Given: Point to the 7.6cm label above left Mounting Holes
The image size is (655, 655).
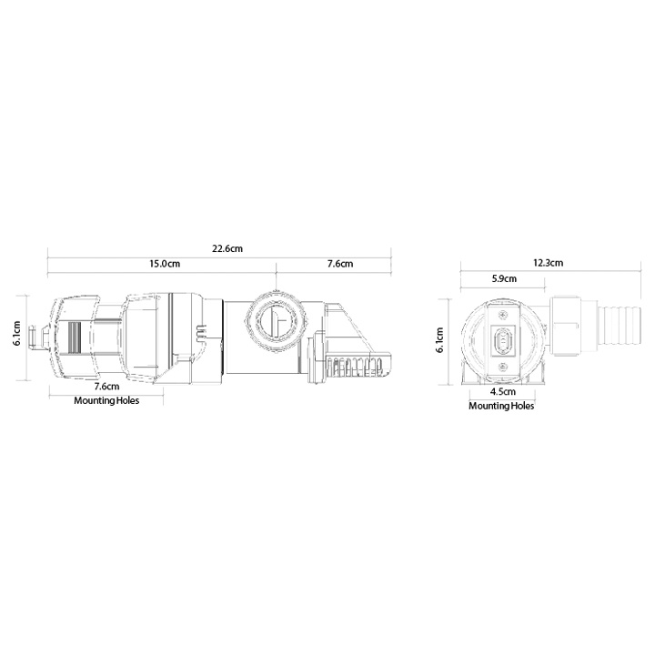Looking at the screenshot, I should point(107,387).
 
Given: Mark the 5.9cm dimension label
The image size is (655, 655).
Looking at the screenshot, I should point(505,278).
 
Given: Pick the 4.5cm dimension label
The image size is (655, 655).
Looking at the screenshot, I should point(501,392).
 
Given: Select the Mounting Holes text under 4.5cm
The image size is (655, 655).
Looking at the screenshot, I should point(501,406).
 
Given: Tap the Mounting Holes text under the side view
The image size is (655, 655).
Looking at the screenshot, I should point(107,400).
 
